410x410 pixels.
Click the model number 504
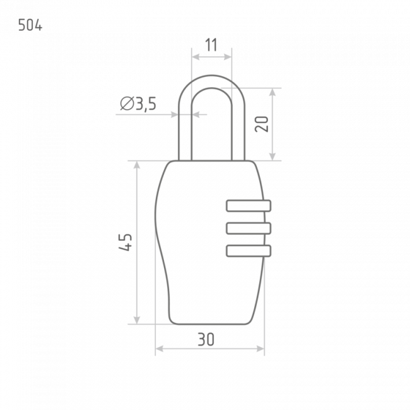[x=30, y=25]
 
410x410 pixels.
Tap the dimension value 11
[x=211, y=45]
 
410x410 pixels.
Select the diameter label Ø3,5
[x=138, y=103]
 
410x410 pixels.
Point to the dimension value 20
[x=262, y=124]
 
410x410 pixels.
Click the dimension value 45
[x=126, y=242]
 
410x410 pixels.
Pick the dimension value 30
[x=206, y=339]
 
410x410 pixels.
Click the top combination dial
[x=249, y=206]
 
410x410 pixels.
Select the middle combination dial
[x=249, y=228]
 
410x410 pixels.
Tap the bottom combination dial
[x=249, y=251]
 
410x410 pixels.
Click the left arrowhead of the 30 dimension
[x=160, y=349]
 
